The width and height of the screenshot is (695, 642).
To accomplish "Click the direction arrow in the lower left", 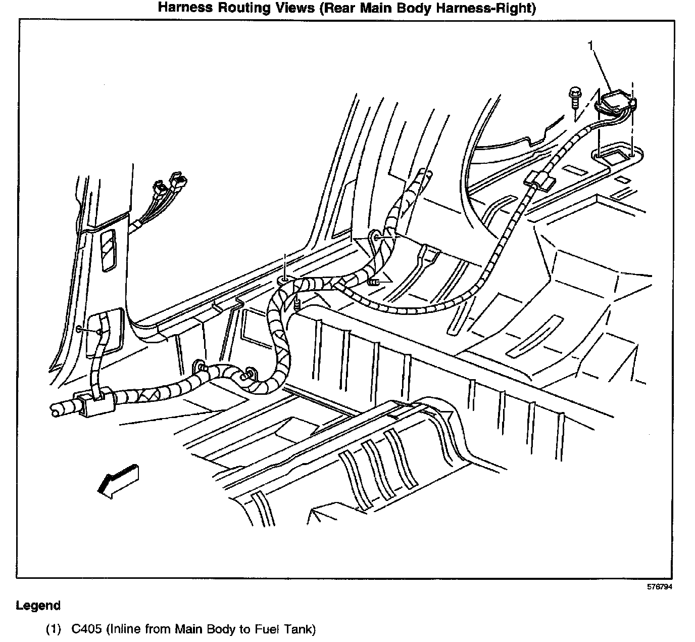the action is pyautogui.click(x=118, y=480).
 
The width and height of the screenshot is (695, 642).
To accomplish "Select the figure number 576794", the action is pyautogui.click(x=660, y=587).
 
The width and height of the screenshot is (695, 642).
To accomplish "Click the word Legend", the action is pyautogui.click(x=38, y=605).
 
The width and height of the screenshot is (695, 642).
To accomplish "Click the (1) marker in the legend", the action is pyautogui.click(x=53, y=629).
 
